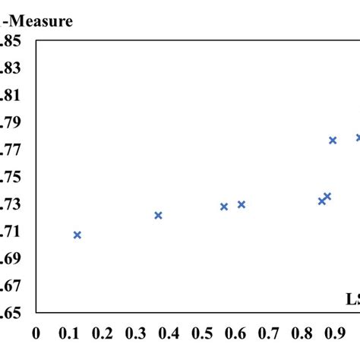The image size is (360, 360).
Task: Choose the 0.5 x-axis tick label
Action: pyautogui.click(x=201, y=333)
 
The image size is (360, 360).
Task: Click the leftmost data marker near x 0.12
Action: pyautogui.click(x=77, y=235)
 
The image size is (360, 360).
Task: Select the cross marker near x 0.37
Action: pyautogui.click(x=158, y=216)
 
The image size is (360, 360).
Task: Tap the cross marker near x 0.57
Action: pyautogui.click(x=224, y=207)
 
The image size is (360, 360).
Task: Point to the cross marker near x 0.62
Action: pyautogui.click(x=242, y=204)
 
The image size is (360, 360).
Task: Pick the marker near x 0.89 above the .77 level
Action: pyautogui.click(x=333, y=141)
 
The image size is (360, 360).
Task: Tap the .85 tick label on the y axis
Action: pyautogui.click(x=11, y=41)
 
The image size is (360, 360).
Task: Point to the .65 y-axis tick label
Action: pyautogui.click(x=11, y=312)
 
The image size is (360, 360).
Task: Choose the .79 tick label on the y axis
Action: pyautogui.click(x=11, y=122)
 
